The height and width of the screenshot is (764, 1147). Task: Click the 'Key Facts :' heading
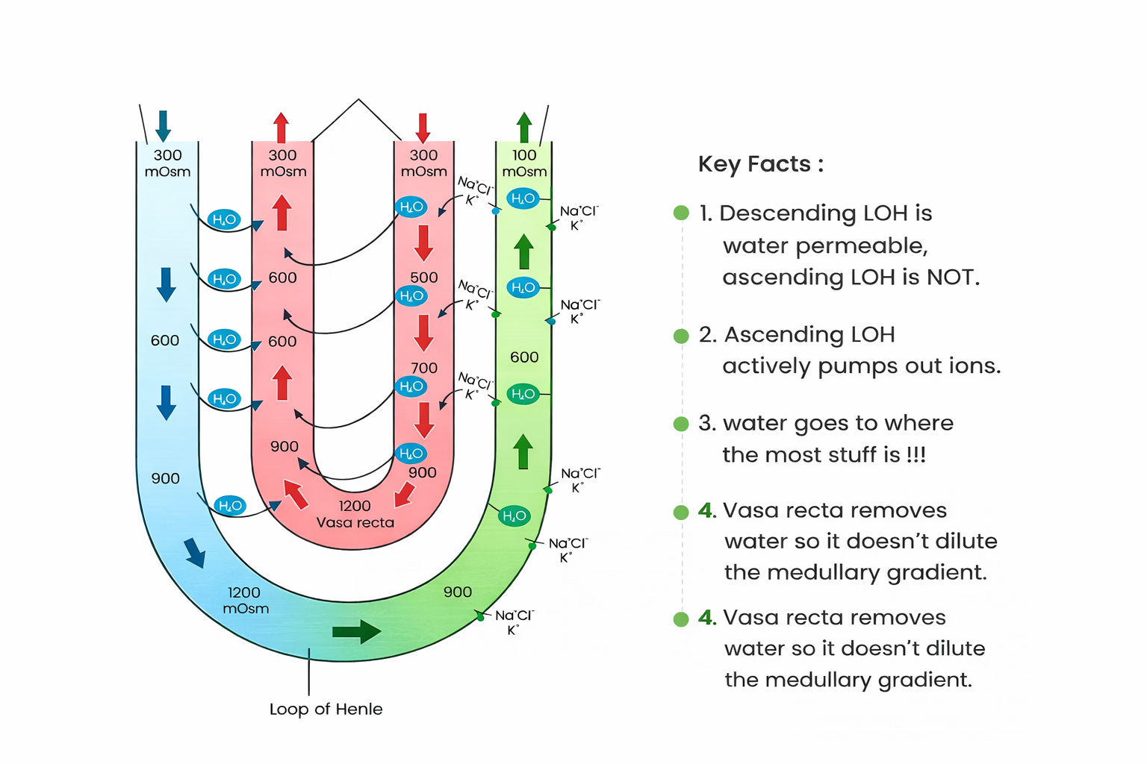click(x=760, y=164)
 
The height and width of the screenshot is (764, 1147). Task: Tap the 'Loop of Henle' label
click(x=326, y=709)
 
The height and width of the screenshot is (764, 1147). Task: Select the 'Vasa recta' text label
click(x=355, y=522)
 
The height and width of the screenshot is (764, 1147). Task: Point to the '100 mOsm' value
click(x=524, y=163)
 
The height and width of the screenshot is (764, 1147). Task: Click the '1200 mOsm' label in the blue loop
click(x=245, y=600)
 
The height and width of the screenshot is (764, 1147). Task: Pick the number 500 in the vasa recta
click(x=423, y=278)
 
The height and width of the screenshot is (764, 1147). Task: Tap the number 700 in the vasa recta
click(x=423, y=368)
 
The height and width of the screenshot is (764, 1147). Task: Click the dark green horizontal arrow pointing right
click(x=356, y=631)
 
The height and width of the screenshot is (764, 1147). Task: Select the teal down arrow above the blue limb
click(x=163, y=125)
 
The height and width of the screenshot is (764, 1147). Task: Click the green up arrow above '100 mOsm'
click(x=524, y=127)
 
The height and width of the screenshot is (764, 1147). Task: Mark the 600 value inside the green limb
click(x=524, y=357)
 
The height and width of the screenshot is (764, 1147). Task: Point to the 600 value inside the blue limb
click(x=165, y=341)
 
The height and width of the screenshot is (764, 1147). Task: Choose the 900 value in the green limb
click(x=457, y=592)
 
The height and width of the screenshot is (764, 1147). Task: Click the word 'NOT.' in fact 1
click(x=953, y=278)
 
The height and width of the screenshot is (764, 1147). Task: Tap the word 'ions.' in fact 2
click(x=975, y=366)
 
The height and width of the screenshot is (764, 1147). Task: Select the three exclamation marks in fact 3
click(x=916, y=454)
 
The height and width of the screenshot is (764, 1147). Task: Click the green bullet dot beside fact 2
click(x=681, y=336)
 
